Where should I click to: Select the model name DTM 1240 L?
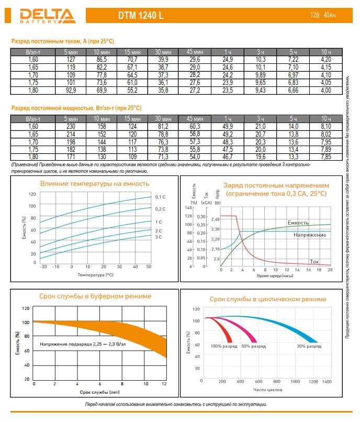(x=140, y=16)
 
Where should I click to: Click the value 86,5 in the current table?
(x=102, y=60)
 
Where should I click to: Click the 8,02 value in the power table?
(x=325, y=134)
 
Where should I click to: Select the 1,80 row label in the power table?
(x=32, y=157)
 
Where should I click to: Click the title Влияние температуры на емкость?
(x=95, y=184)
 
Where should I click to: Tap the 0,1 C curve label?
(x=160, y=197)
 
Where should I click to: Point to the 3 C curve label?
(x=159, y=237)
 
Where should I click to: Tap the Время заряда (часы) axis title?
(x=275, y=275)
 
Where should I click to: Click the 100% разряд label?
(x=224, y=346)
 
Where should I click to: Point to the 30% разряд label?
(x=309, y=346)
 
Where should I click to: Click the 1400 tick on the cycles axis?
(x=327, y=382)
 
